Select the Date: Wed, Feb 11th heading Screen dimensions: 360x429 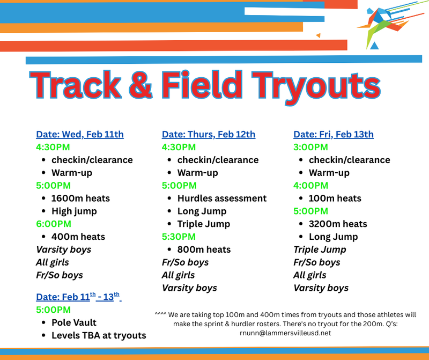point(80,134)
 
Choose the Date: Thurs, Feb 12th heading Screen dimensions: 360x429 point(209,134)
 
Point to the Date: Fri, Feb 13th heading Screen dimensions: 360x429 point(334,134)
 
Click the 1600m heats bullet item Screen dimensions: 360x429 point(80,199)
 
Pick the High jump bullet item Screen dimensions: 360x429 point(74,211)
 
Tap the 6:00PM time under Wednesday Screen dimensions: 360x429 point(53,224)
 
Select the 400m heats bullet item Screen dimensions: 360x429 point(78,237)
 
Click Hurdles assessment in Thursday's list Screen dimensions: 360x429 point(221,199)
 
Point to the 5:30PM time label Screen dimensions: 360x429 point(179,237)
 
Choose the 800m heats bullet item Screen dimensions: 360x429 point(204,249)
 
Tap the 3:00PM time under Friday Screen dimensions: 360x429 point(310,147)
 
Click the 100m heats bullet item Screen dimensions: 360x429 point(335,199)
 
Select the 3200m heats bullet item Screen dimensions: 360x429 point(338,224)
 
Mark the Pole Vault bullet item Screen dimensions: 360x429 point(74,322)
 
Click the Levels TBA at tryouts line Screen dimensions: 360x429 point(99,335)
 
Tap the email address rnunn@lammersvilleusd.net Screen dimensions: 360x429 point(285,333)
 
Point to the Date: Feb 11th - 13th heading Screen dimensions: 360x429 point(78,297)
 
